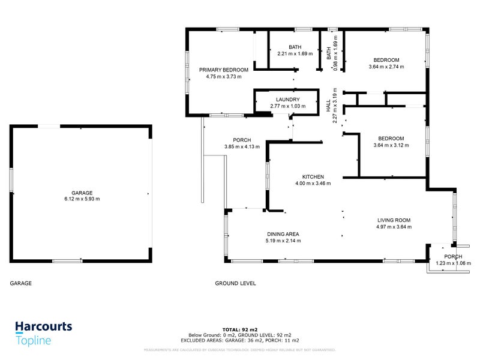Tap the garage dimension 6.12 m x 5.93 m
[82, 199]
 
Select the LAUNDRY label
[287, 100]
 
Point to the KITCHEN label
[313, 176]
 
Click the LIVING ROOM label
[394, 220]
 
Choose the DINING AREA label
[283, 234]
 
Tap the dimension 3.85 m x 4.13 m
[242, 147]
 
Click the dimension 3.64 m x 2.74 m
[386, 67]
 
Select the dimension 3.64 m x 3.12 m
[391, 145]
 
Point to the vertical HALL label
[328, 106]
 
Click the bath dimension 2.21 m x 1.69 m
[295, 53]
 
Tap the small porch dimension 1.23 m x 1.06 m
[453, 263]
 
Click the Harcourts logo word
[43, 327]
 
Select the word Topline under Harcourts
[34, 341]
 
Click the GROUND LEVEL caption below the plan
[236, 283]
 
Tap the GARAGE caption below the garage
[21, 283]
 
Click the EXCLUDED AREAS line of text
[239, 340]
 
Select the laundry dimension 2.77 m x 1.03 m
[287, 106]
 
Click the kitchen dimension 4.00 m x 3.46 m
[313, 183]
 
